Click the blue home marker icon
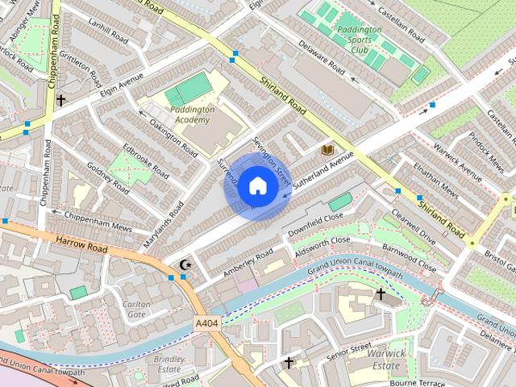click(x=258, y=186)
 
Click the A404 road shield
click(x=206, y=323)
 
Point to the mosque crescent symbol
click(x=185, y=264)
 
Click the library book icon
click(x=327, y=151)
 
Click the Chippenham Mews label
click(x=85, y=218)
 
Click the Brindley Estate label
click(x=169, y=364)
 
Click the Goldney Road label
click(x=108, y=178)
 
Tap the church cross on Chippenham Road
click(x=60, y=100)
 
